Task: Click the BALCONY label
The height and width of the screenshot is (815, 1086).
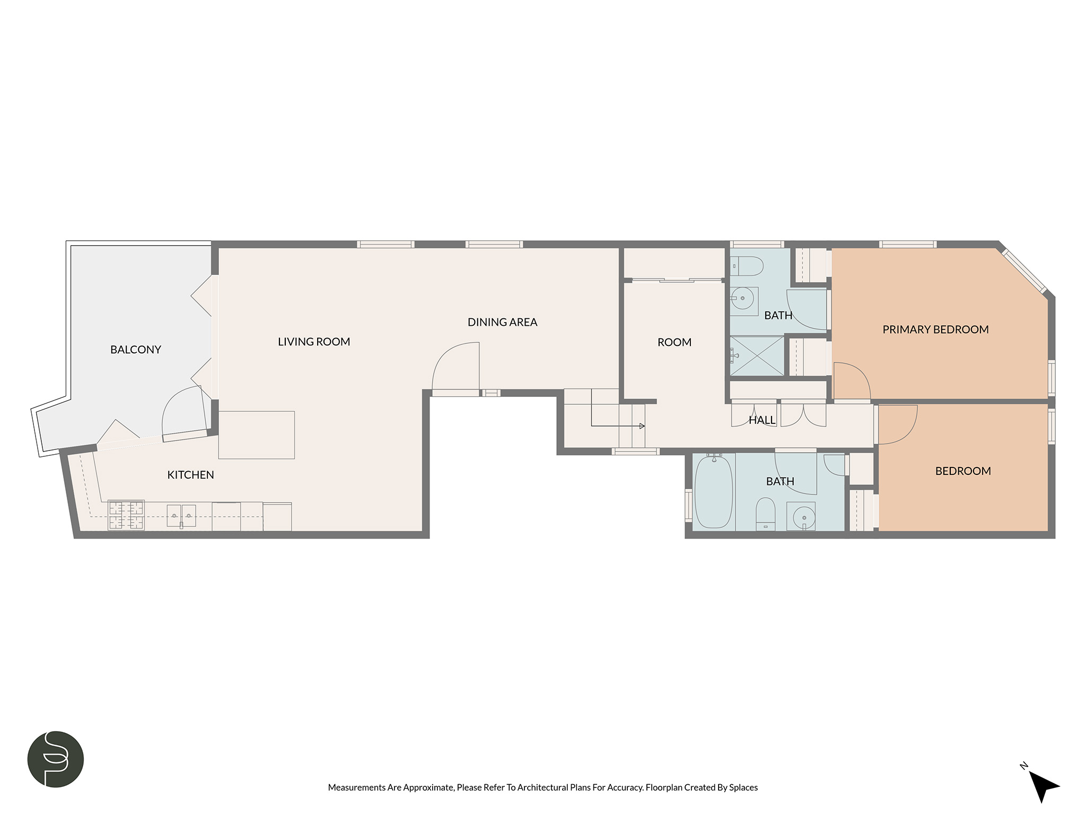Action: coord(135,350)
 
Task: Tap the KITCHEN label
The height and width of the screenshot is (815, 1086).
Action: coord(190,475)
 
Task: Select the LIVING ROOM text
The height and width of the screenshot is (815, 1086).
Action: coord(314,342)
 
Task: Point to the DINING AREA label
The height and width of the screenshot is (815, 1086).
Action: coord(502,322)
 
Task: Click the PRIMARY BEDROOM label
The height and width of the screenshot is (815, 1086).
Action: coord(935,330)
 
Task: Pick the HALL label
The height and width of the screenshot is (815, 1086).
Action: coord(762,420)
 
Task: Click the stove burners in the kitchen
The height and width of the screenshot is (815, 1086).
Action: coord(126,515)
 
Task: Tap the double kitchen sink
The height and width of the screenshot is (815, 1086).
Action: coord(181,516)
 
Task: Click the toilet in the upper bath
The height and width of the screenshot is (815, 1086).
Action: coord(747,266)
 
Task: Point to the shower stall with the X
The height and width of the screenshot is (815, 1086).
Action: coord(757,356)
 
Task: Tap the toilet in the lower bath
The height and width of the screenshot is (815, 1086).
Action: coord(765,513)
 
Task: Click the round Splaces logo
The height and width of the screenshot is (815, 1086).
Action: coord(56,759)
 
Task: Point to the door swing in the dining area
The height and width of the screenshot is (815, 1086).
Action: coord(456,366)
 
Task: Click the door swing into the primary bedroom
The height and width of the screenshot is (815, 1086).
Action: coord(852,380)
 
